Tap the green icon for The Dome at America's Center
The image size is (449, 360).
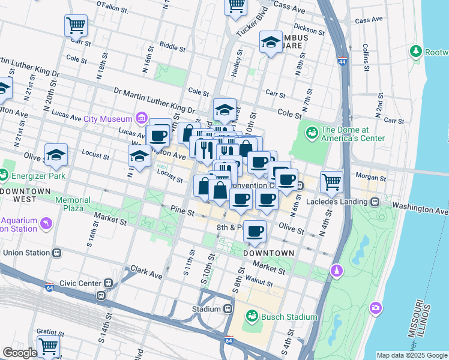(312, 132)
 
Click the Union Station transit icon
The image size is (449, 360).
(56, 253)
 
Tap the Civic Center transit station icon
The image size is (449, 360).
(109, 283)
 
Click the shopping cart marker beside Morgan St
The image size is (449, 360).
(331, 181)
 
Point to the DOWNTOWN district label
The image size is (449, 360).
(269, 253)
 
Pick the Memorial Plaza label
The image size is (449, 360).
(73, 204)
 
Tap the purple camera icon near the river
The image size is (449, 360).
(376, 308)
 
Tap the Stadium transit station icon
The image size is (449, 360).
(228, 309)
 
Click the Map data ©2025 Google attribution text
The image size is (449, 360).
(411, 355)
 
